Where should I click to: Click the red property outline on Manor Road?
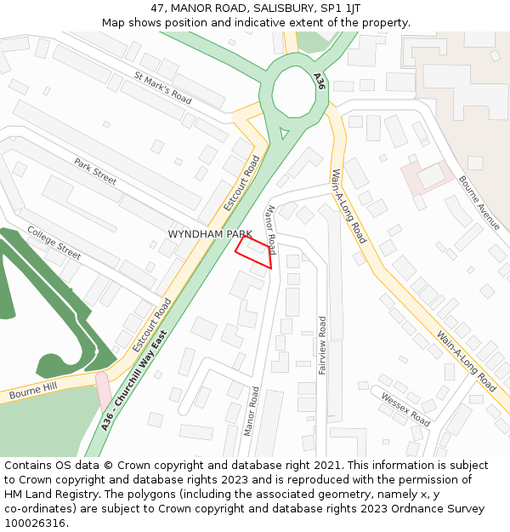(x=254, y=252)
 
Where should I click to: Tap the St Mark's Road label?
(x=162, y=86)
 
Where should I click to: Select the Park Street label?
(x=94, y=171)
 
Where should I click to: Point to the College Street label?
(x=54, y=243)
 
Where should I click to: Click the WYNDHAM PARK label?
(x=210, y=233)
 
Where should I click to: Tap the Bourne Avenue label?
(x=479, y=203)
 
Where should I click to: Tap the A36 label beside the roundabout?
(x=319, y=82)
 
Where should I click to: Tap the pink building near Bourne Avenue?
(x=422, y=177)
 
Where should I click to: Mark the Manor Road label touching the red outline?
(x=270, y=229)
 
